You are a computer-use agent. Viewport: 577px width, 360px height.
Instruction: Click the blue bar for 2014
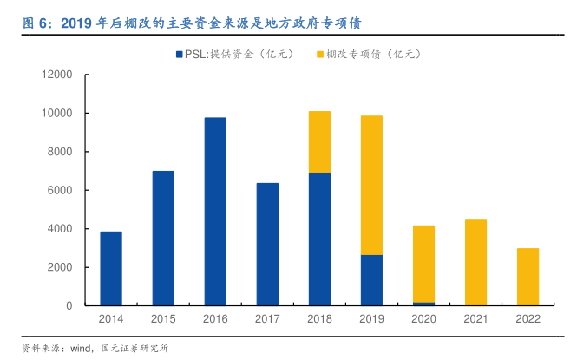point(111,268)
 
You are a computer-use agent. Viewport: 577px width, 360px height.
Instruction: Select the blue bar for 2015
point(163,238)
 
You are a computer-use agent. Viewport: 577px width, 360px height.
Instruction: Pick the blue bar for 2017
point(267,244)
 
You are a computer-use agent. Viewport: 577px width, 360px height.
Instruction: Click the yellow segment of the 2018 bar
point(319,141)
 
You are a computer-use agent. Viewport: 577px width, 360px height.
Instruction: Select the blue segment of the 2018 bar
point(319,239)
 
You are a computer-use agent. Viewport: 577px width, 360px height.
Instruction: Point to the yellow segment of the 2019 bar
point(371,185)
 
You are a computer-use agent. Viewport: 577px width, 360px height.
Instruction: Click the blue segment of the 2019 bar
point(371,279)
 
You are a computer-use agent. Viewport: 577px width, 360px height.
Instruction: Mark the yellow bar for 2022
point(528,277)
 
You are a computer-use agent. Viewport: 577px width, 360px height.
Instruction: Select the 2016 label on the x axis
point(215,319)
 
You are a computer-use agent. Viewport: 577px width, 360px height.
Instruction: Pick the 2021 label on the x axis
point(475,319)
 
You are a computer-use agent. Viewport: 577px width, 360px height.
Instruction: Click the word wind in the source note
point(82,349)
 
